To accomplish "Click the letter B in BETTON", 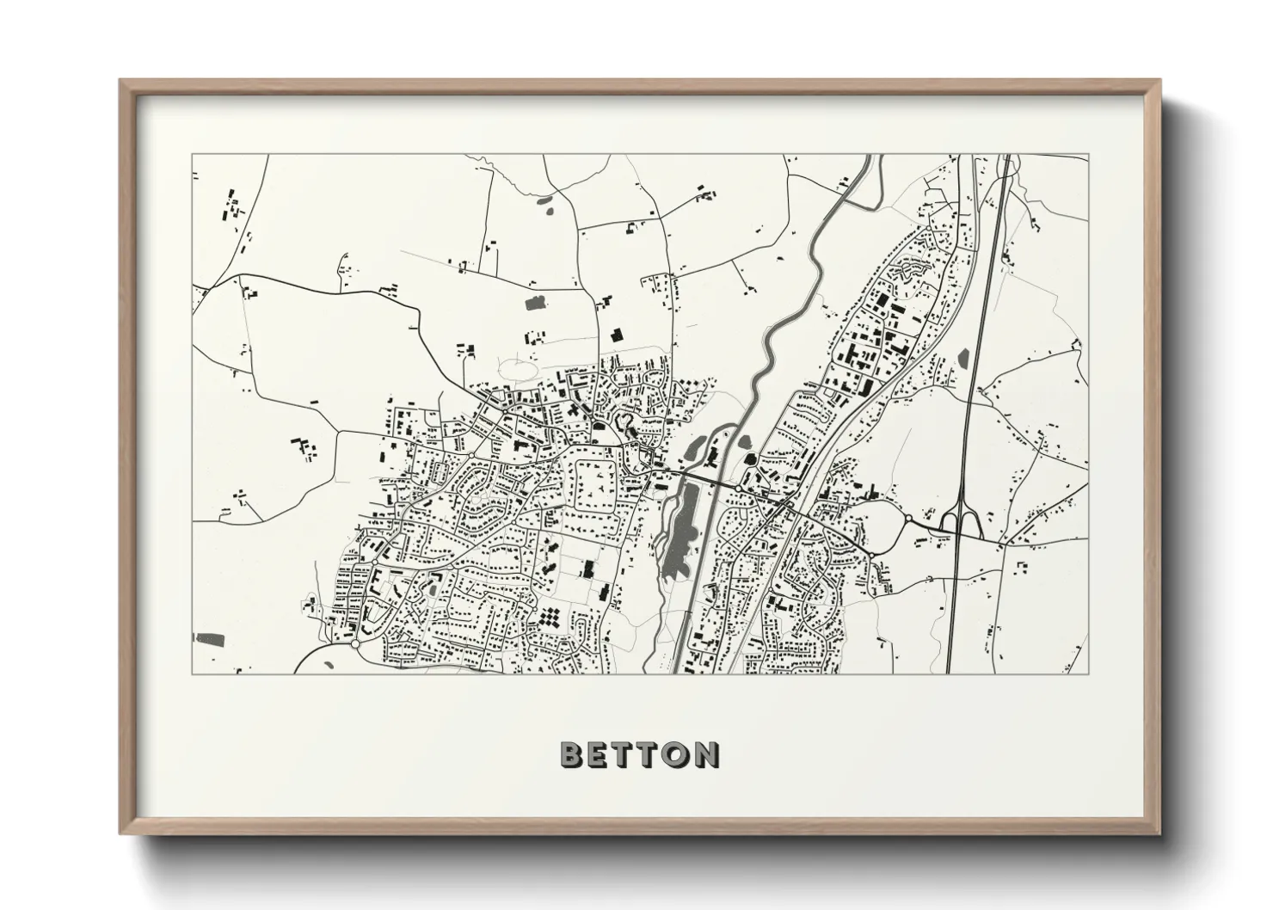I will (x=573, y=754).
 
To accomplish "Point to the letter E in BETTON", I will (x=600, y=754).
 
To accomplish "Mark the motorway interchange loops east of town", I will (x=956, y=520).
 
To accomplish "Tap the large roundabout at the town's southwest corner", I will (x=355, y=643).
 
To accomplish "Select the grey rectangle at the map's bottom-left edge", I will (x=210, y=639).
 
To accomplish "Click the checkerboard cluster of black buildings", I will (x=548, y=618).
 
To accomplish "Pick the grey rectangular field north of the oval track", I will (x=534, y=302).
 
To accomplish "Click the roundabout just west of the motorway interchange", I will (x=907, y=519).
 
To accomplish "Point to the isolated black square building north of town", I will (x=615, y=335).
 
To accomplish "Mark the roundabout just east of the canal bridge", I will (x=739, y=489).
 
